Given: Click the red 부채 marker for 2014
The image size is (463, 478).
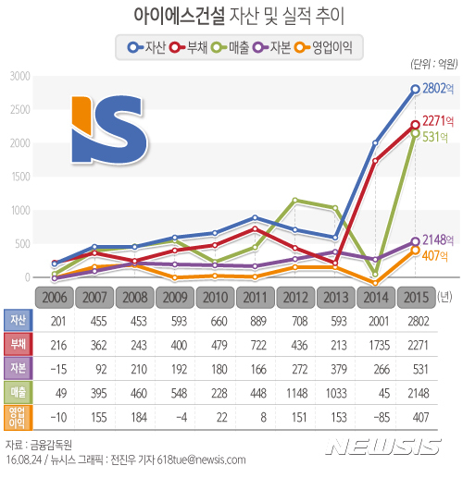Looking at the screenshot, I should click(x=375, y=161).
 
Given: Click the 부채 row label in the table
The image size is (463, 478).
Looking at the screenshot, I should click(x=18, y=343).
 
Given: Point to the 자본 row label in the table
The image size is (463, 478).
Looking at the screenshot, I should click(x=18, y=367).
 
